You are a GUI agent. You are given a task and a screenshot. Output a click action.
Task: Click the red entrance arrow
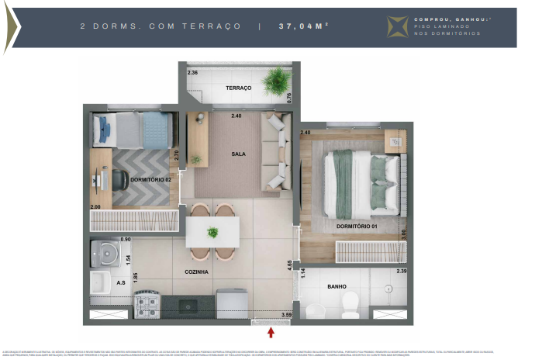click(271, 334)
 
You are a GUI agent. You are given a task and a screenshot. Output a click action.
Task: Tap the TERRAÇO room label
click(239, 88)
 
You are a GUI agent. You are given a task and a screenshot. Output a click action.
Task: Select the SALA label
click(238, 154)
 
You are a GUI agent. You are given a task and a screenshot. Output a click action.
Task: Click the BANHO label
click(337, 286)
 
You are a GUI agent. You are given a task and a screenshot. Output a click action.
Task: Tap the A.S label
click(100, 283)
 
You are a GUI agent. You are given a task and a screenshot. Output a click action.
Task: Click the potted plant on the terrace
click(274, 80)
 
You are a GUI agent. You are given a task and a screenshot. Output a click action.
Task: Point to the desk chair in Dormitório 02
click(121, 179)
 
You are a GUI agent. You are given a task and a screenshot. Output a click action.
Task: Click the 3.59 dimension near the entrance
click(285, 314)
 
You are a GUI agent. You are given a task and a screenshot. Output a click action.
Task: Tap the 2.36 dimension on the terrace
click(193, 72)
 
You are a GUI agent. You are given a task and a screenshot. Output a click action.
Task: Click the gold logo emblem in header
click(397, 27)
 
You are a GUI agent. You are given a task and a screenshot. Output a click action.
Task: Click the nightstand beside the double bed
click(395, 140)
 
